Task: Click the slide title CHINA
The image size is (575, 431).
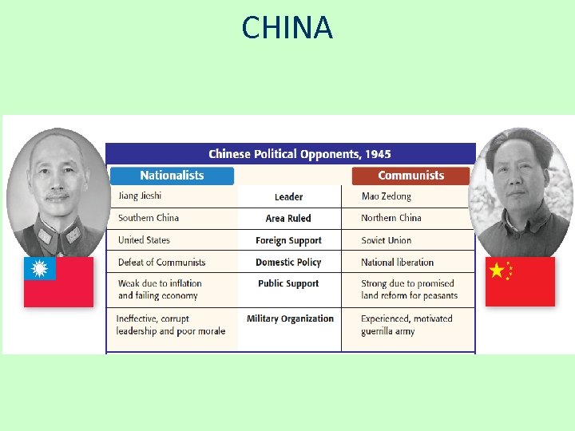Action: click(287, 29)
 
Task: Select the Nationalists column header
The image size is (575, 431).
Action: click(172, 176)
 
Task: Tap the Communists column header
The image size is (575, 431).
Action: click(410, 176)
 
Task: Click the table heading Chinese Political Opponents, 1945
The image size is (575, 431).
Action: click(299, 154)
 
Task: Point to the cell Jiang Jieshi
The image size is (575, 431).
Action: click(140, 196)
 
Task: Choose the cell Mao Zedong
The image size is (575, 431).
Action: click(387, 196)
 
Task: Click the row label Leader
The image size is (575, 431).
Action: click(288, 197)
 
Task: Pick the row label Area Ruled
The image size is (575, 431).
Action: click(288, 219)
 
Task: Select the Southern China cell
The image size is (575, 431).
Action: click(149, 218)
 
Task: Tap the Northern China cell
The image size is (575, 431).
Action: click(391, 218)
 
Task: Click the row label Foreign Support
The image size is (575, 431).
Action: click(288, 240)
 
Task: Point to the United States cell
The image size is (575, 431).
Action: click(144, 240)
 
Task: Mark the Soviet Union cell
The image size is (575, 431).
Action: click(387, 240)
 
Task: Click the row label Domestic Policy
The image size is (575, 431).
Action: click(288, 263)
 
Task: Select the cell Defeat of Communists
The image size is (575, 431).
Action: click(161, 263)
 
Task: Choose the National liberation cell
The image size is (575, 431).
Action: click(398, 263)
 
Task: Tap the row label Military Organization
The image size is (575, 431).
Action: click(290, 319)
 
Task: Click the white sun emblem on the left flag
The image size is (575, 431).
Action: click(39, 269)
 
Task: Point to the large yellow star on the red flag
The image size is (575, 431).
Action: click(497, 271)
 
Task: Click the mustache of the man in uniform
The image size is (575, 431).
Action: click(57, 196)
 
